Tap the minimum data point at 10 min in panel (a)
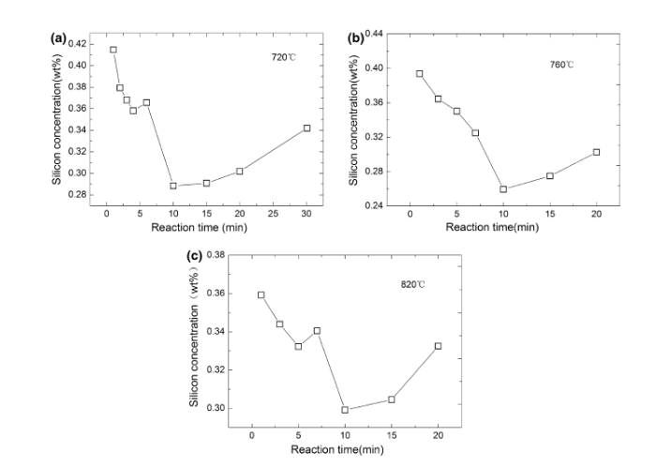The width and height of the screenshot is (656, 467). [x=172, y=186]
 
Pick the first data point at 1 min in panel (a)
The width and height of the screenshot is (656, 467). [x=113, y=50]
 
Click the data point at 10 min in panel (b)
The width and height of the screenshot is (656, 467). [x=503, y=188]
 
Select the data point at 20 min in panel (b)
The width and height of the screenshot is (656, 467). [x=596, y=152]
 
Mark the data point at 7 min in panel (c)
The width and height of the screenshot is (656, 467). [x=317, y=330]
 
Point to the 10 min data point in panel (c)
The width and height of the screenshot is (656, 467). [x=345, y=409]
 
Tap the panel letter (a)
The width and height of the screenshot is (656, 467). [x=57, y=38]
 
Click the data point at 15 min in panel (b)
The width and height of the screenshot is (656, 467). [x=549, y=175]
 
